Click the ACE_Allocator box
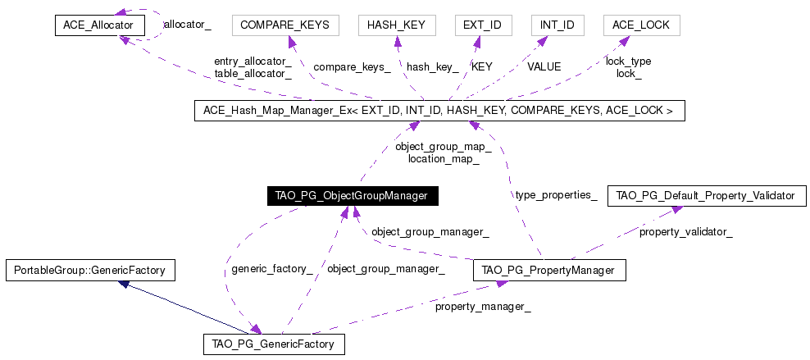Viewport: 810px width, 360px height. tap(100, 25)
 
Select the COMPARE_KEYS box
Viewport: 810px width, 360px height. tap(285, 25)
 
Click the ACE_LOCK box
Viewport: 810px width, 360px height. tap(642, 25)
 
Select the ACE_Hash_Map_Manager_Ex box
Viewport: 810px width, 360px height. tap(439, 111)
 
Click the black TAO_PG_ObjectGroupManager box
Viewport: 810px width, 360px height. tap(353, 196)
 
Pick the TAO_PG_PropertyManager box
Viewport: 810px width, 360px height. tap(549, 270)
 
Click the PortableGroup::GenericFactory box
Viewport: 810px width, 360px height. tap(91, 270)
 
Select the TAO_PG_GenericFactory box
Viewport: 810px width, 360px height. tap(275, 344)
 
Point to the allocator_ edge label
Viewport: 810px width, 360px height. tap(188, 25)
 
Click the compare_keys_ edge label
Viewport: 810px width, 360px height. tap(352, 67)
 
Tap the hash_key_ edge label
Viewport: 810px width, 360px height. tap(433, 67)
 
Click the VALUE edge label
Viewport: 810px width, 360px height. tap(544, 66)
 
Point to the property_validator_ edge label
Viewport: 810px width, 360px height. tap(686, 232)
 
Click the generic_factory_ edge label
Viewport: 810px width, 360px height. tap(271, 269)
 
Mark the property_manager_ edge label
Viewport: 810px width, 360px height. tap(483, 307)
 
